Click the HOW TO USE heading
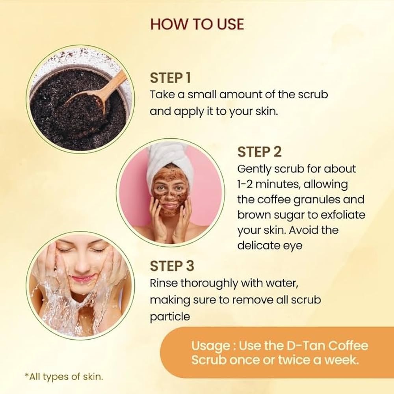197,24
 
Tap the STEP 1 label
170,78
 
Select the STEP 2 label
259,152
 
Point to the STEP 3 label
172,266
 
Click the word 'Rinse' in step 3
164,283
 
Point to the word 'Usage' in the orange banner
210,346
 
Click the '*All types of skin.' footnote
64,377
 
